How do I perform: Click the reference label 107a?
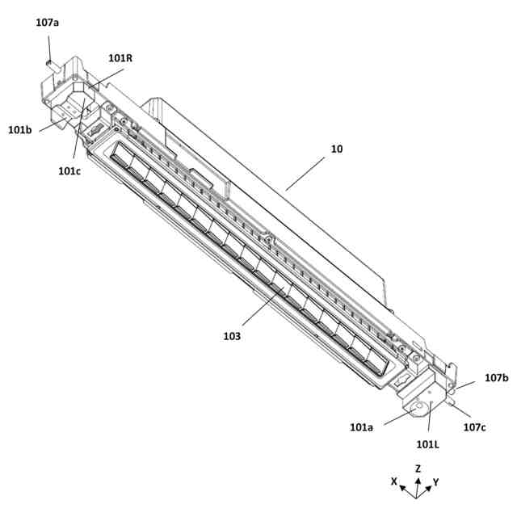coord(47,22)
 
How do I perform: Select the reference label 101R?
coord(120,57)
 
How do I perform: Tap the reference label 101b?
coord(20,129)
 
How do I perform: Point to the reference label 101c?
coord(69,170)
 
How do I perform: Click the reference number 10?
coord(336,149)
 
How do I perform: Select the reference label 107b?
coord(496,377)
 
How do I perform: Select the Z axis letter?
coord(418,468)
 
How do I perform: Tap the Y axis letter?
coord(436,481)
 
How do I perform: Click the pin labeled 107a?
coord(49,59)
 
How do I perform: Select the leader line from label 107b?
coord(471,385)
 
